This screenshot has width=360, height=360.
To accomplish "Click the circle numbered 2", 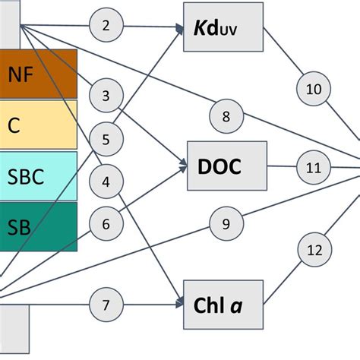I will coord(106,26).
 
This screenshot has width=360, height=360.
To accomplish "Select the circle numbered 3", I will coord(106,96).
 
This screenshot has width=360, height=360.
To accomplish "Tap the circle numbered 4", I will coord(106,182).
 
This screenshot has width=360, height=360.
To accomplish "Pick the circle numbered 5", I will coord(106,139).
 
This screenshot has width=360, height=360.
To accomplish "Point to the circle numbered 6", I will coord(106,224).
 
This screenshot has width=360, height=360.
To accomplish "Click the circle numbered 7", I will coord(106,305).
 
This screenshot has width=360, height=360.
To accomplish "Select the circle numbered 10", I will coord(313,89).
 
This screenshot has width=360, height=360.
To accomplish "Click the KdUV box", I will coord(223,29).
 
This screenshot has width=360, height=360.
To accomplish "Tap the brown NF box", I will coord(37,74).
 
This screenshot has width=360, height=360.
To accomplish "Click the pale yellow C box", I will coord(37,125).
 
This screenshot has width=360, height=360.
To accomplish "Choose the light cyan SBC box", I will coord(37,175).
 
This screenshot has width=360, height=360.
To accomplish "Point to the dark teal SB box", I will coord(37,226).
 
